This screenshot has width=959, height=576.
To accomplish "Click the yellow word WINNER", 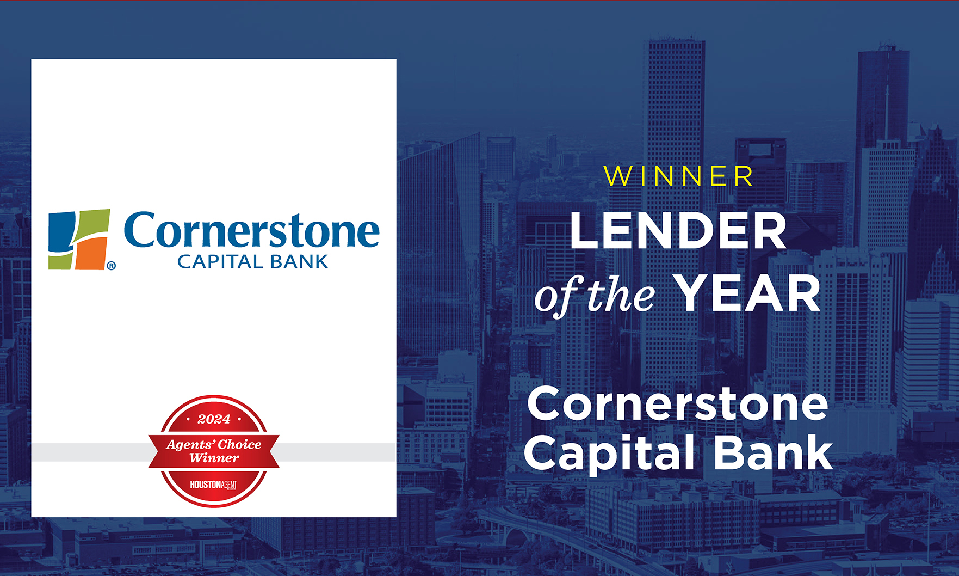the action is tap(678, 176).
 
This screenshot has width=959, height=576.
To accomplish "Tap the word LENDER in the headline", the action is tap(678, 231).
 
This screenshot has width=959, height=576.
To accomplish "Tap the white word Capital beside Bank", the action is tap(609, 452).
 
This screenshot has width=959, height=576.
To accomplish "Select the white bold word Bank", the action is tap(773, 451).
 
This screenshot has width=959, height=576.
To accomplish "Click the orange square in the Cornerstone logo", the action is tap(91, 253).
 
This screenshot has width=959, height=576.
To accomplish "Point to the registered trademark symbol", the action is tap(111, 266).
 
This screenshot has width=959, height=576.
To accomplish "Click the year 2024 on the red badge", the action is tap(214, 419).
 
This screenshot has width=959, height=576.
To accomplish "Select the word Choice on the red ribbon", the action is tap(240, 445).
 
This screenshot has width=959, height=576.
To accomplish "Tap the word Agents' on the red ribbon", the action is tap(190, 445).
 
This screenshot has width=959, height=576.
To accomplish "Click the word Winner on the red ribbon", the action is tap(214, 458).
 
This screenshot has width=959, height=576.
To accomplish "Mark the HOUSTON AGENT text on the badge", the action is tap(213, 485).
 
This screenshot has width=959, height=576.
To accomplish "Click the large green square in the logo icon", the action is tap(92, 223).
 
